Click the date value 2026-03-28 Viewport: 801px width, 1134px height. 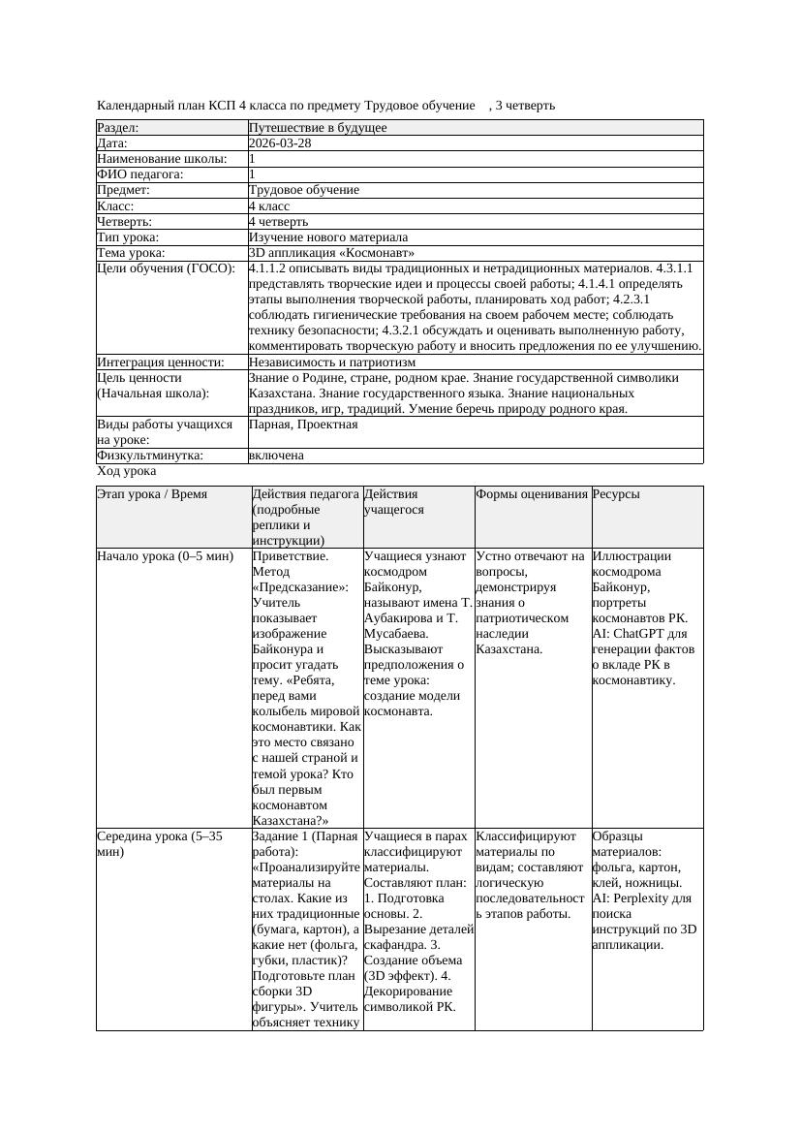pyautogui.click(x=280, y=142)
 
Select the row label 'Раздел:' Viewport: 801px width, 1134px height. pyautogui.click(x=118, y=127)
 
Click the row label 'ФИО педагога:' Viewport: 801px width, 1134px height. pyautogui.click(x=140, y=174)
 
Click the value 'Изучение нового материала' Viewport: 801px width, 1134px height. pyautogui.click(x=328, y=236)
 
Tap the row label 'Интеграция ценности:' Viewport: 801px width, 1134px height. pyautogui.click(x=160, y=362)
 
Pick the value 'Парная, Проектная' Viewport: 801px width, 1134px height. pyautogui.click(x=303, y=425)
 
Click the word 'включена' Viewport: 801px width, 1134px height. pyautogui.click(x=276, y=455)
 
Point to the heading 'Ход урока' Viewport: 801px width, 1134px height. pyautogui.click(x=127, y=471)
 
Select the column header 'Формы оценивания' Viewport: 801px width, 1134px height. pyautogui.click(x=532, y=494)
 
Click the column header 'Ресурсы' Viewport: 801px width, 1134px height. pyautogui.click(x=616, y=494)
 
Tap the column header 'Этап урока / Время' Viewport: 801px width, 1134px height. pyautogui.click(x=152, y=494)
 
